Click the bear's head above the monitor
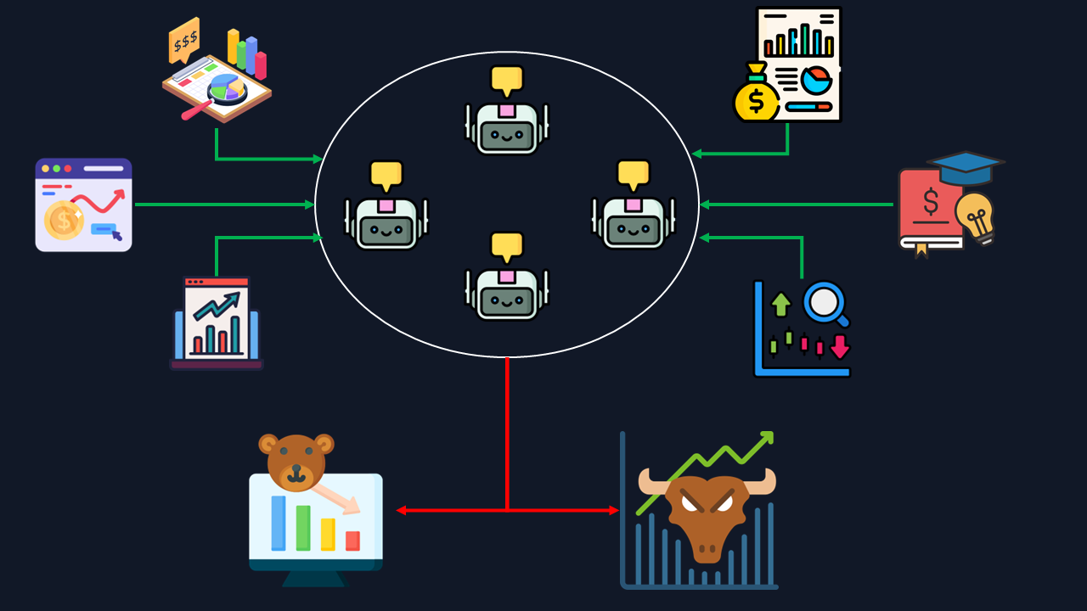pyautogui.click(x=296, y=462)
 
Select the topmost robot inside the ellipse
pyautogui.click(x=507, y=128)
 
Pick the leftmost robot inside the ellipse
pyautogui.click(x=386, y=223)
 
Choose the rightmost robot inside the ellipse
pyautogui.click(x=634, y=223)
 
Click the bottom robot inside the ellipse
pyautogui.click(x=507, y=294)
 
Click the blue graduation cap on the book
pyautogui.click(x=965, y=166)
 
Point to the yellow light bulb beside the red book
pyautogui.click(x=975, y=216)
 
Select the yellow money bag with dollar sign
pyautogui.click(x=756, y=98)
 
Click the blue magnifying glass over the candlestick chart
pyautogui.click(x=825, y=303)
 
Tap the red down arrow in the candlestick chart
pyautogui.click(x=840, y=347)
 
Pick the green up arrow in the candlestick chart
pyautogui.click(x=781, y=304)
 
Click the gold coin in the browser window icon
pyautogui.click(x=64, y=220)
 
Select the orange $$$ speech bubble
pyautogui.click(x=183, y=40)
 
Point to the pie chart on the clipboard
pyautogui.click(x=226, y=87)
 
